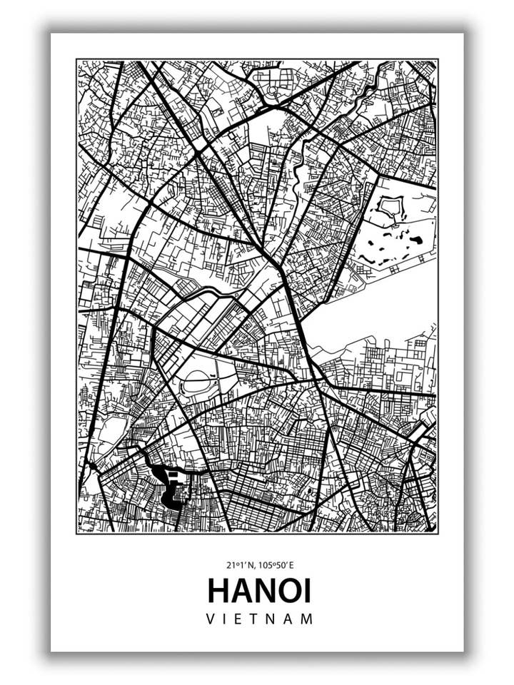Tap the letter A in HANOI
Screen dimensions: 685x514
(241, 592)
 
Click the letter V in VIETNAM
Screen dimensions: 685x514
(211, 619)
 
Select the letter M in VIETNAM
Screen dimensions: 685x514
(307, 619)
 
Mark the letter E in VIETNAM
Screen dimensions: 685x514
(242, 619)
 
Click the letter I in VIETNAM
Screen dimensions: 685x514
(227, 619)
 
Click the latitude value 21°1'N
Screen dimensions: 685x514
(238, 565)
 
